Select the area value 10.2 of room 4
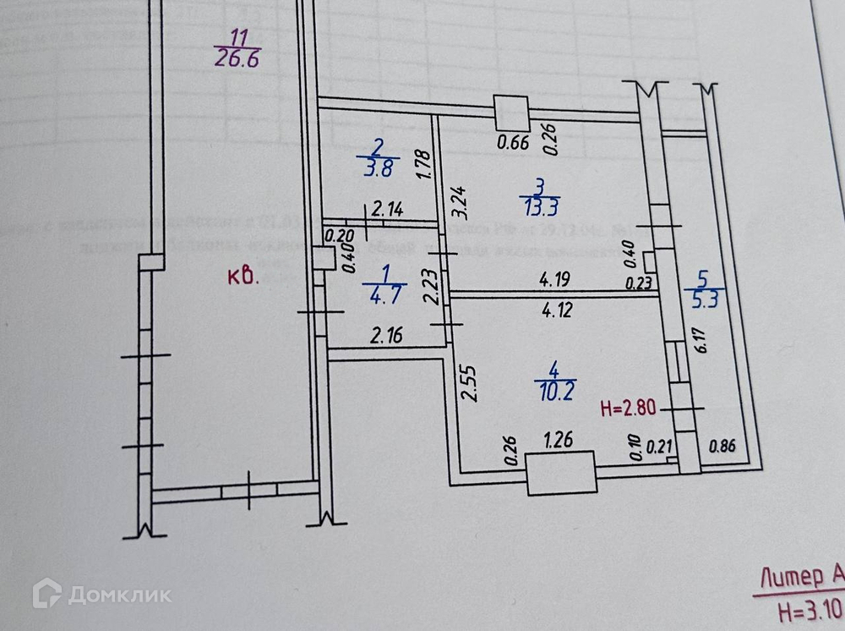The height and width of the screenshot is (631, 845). tap(553, 390)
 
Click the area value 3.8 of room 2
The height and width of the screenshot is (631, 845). tap(376, 167)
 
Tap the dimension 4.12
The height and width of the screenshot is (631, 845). tap(559, 310)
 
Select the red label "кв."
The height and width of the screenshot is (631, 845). tap(243, 277)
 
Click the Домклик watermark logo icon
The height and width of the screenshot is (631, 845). tap(46, 593)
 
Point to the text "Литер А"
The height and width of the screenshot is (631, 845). tap(802, 578)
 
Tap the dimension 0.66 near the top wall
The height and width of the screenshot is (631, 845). tap(513, 142)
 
